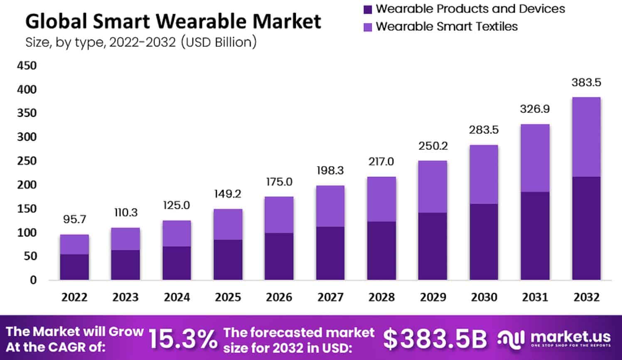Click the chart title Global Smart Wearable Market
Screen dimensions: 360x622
173,22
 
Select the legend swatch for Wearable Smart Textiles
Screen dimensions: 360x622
368,27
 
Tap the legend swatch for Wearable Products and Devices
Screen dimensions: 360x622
368,9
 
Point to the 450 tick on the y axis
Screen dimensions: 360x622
27,66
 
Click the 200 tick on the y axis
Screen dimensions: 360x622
27,185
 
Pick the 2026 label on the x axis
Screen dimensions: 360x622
279,297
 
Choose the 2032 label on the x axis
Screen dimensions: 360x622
586,297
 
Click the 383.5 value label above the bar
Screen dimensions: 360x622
586,83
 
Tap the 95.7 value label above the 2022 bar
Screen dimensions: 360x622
74,219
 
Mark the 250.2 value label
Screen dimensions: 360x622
433,146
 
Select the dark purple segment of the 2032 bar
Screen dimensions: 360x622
586,228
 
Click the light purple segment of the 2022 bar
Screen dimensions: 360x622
74,245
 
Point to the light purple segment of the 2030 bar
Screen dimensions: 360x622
484,174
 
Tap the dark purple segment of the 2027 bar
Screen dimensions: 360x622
330,253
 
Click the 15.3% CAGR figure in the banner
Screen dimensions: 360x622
183,339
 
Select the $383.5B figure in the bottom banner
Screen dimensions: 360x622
435,339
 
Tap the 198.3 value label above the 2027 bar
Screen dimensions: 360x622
330,171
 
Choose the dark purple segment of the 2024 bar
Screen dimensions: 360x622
177,263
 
